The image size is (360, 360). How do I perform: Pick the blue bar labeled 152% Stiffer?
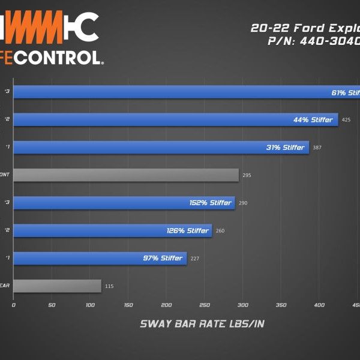tap(124, 203)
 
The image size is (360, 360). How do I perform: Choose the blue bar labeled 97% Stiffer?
tap(100, 258)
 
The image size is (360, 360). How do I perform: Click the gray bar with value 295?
tap(126, 175)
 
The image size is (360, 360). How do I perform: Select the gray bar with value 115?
tap(57, 286)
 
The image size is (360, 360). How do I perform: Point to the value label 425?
tap(346, 120)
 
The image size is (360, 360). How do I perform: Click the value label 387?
tap(317, 148)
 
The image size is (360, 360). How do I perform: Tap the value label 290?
tap(243, 203)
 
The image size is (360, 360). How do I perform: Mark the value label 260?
tap(220, 231)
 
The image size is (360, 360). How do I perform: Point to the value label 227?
tap(194, 259)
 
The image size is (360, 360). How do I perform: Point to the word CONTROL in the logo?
tap(61, 58)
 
